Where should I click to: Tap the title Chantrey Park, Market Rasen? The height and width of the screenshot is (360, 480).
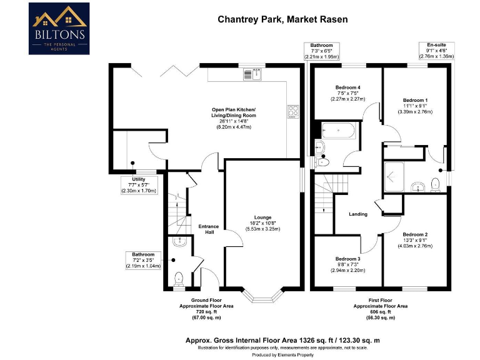[282, 19]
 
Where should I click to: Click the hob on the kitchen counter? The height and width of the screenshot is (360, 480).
[292, 112]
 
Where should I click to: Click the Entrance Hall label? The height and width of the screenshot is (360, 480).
[208, 229]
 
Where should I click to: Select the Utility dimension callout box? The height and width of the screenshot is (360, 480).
[139, 185]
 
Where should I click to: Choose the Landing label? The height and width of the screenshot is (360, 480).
[358, 214]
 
